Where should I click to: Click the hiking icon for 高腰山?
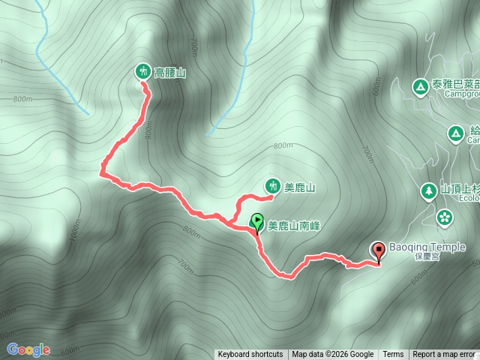(x=142, y=72)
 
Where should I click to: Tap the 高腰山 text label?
(x=169, y=73)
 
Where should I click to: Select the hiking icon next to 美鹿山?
(x=271, y=186)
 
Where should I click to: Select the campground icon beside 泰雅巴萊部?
(x=418, y=87)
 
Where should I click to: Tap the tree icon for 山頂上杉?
(x=428, y=191)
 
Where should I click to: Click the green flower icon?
(x=444, y=217)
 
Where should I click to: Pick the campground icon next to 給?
(x=454, y=133)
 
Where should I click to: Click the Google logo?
(x=28, y=349)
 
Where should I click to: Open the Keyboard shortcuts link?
(x=250, y=355)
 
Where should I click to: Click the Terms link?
(x=393, y=355)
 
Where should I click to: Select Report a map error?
(x=444, y=355)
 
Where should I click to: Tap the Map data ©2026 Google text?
(x=333, y=355)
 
